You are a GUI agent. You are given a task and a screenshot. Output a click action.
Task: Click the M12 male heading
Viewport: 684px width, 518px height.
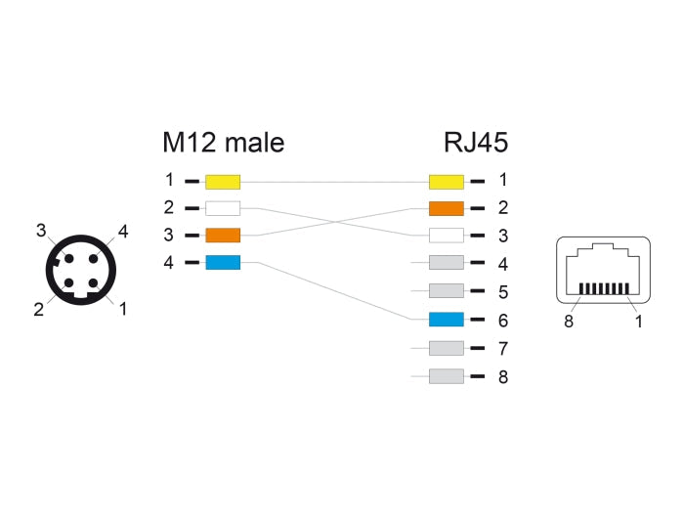223,143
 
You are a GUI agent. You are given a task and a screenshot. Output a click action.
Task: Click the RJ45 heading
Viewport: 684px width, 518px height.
475,143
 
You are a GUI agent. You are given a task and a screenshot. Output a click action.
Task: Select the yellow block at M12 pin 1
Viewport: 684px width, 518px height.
223,181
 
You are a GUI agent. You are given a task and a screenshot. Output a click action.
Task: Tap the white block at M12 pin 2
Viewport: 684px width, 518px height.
223,208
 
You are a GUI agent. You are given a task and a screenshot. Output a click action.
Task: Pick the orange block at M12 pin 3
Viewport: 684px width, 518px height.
223,236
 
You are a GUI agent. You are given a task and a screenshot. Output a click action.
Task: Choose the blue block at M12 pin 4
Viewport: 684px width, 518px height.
223,263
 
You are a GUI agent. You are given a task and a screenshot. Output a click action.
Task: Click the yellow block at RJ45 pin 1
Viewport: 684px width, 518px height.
446,181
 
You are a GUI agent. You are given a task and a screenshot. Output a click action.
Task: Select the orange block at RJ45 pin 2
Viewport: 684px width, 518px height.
446,208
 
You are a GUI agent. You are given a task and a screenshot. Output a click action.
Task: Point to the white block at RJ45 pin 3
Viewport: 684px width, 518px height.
446,236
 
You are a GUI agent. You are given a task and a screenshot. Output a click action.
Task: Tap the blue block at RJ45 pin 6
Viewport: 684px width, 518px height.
446,320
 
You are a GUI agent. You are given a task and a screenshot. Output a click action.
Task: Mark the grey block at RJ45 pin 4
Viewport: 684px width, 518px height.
446,263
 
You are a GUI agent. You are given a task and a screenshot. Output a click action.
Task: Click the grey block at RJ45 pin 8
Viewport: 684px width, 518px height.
446,375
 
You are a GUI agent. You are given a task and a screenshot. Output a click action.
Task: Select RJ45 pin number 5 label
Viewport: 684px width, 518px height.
503,291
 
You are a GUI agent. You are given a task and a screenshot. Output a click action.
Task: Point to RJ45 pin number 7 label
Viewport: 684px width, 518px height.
503,348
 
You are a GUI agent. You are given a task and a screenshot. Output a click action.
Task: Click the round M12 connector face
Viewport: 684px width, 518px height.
80,271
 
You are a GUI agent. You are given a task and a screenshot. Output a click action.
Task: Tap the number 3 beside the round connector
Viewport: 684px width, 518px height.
41,231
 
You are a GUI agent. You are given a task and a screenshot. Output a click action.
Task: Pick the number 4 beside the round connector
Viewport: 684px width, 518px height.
123,232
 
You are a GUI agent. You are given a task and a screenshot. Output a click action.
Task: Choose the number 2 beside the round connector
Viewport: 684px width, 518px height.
38,310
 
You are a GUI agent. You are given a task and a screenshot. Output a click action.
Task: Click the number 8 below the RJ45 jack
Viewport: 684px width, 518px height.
568,319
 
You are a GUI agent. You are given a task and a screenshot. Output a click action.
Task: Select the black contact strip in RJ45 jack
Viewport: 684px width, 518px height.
603,290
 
